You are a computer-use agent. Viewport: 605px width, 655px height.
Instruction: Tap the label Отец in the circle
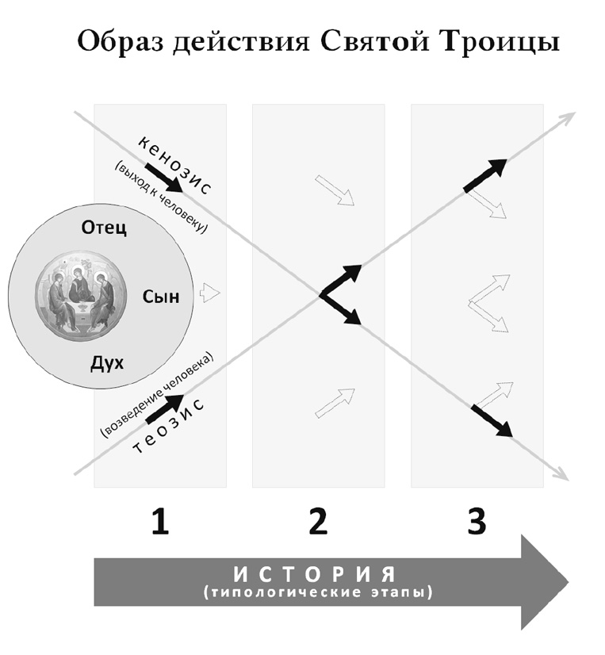[x=105, y=228]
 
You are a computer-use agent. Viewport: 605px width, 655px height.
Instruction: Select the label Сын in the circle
[x=161, y=297]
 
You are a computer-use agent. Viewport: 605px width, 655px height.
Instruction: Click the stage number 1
[x=160, y=521]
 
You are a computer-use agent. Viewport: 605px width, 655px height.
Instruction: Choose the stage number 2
[x=317, y=521]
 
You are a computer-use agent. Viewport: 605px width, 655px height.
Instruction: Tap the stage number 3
[x=476, y=521]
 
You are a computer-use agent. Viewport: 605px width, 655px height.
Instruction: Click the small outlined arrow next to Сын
[x=209, y=293]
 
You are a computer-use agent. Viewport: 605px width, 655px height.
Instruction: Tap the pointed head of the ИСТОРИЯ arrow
[x=547, y=581]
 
